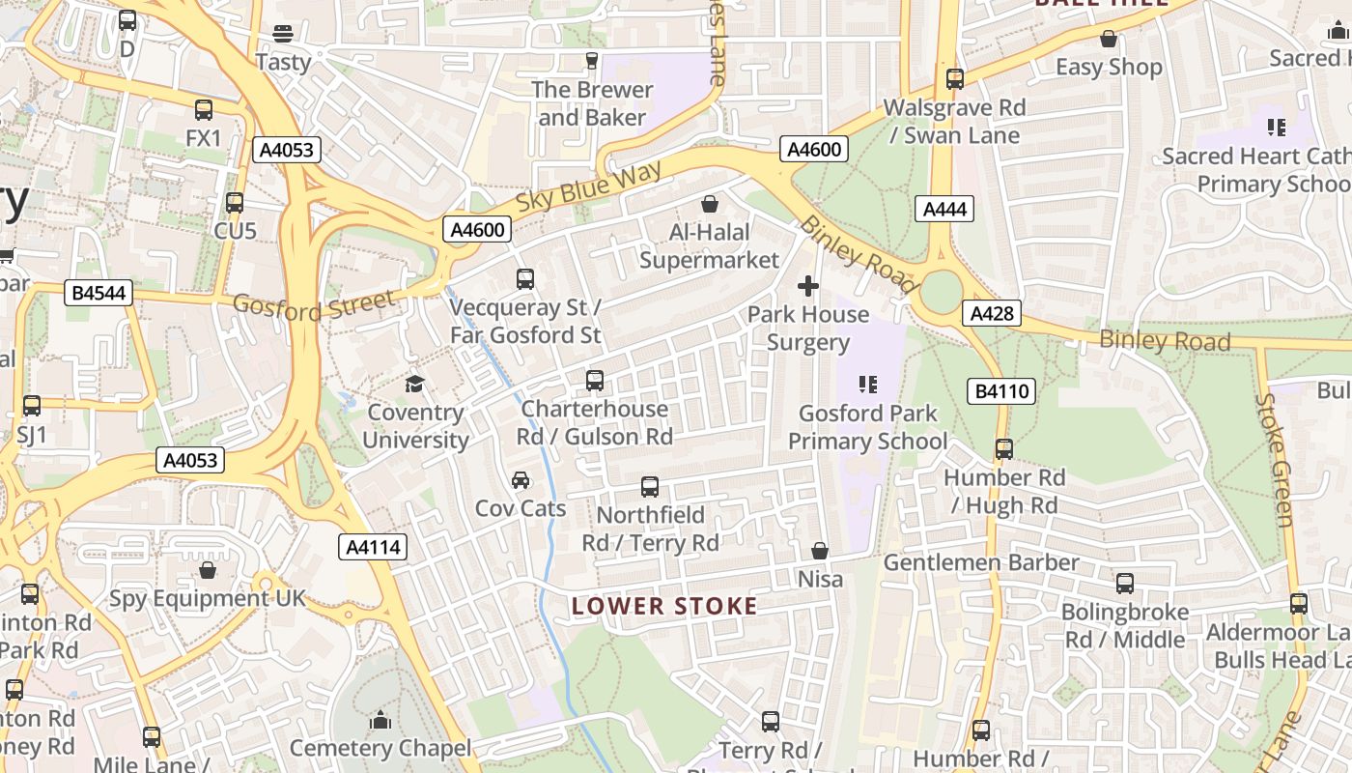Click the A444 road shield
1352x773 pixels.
[944, 209]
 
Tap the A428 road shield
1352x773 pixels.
[991, 313]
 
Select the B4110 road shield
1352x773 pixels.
[1002, 391]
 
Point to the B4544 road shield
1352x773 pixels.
[99, 293]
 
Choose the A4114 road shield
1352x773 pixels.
[374, 548]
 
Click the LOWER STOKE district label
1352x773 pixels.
[664, 607]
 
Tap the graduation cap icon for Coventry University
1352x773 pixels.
[414, 385]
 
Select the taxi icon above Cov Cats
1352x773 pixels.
[521, 480]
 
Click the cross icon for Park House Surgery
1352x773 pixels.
[808, 286]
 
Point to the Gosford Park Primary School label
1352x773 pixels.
[867, 427]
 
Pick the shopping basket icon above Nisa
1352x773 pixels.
[820, 551]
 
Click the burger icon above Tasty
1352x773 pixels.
[283, 34]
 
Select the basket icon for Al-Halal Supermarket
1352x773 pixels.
[710, 204]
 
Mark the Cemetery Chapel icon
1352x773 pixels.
[380, 720]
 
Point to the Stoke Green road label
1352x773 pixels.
[1274, 460]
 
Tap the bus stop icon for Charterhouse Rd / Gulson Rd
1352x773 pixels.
[595, 381]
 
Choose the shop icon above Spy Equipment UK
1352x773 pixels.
[208, 570]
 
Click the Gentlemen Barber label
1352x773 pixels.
[981, 562]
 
